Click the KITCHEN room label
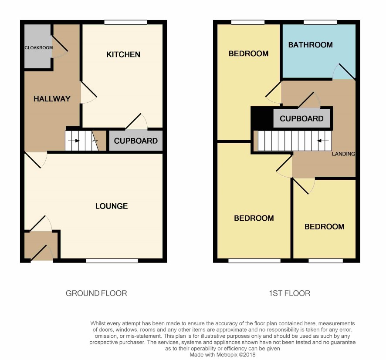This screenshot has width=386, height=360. click(123, 54)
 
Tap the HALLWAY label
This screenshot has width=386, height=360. click(52, 99)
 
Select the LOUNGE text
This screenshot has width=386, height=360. click(112, 206)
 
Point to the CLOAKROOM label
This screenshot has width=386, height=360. click(39, 48)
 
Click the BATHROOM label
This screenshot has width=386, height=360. click(311, 45)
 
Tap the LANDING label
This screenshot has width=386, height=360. click(343, 154)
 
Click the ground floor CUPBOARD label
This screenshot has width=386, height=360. click(135, 141)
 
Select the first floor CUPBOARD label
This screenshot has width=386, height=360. click(301, 118)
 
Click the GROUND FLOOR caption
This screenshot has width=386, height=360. click(96, 293)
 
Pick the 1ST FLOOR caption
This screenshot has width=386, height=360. click(289, 293)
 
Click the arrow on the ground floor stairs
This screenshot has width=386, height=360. click(74, 141)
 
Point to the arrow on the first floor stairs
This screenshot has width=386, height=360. click(323, 141)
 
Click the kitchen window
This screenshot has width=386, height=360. click(125, 22)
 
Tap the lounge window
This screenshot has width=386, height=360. click(112, 260)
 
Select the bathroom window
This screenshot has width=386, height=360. click(320, 22)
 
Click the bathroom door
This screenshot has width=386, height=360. click(347, 71)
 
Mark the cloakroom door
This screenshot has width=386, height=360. click(59, 44)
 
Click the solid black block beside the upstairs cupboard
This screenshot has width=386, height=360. click(262, 118)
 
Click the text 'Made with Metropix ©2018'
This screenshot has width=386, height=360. click(223, 355)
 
